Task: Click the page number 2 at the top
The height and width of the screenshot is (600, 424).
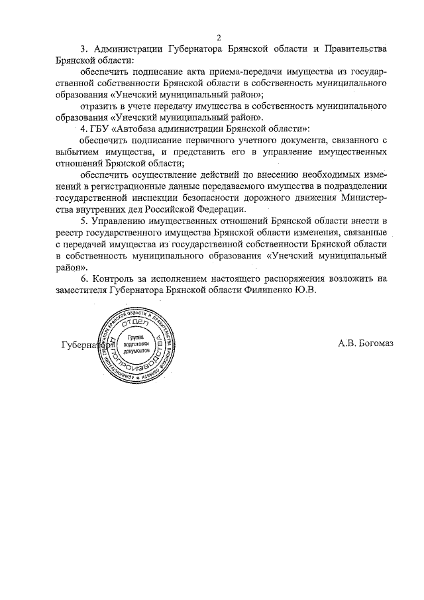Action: pyautogui.click(x=219, y=36)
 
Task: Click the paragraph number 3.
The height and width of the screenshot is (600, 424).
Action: pyautogui.click(x=84, y=49)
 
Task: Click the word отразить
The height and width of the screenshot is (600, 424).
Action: pyautogui.click(x=99, y=105)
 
